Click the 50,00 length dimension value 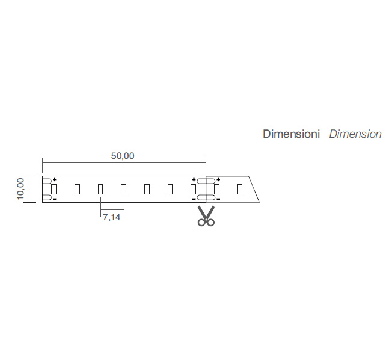123,156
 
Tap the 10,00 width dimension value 20,189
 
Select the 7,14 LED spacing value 111,217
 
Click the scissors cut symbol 206,215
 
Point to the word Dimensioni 291,134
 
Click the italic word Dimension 355,134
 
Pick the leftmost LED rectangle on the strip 54,189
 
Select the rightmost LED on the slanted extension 240,189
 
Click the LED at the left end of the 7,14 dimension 100,189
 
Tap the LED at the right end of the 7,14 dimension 123,189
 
